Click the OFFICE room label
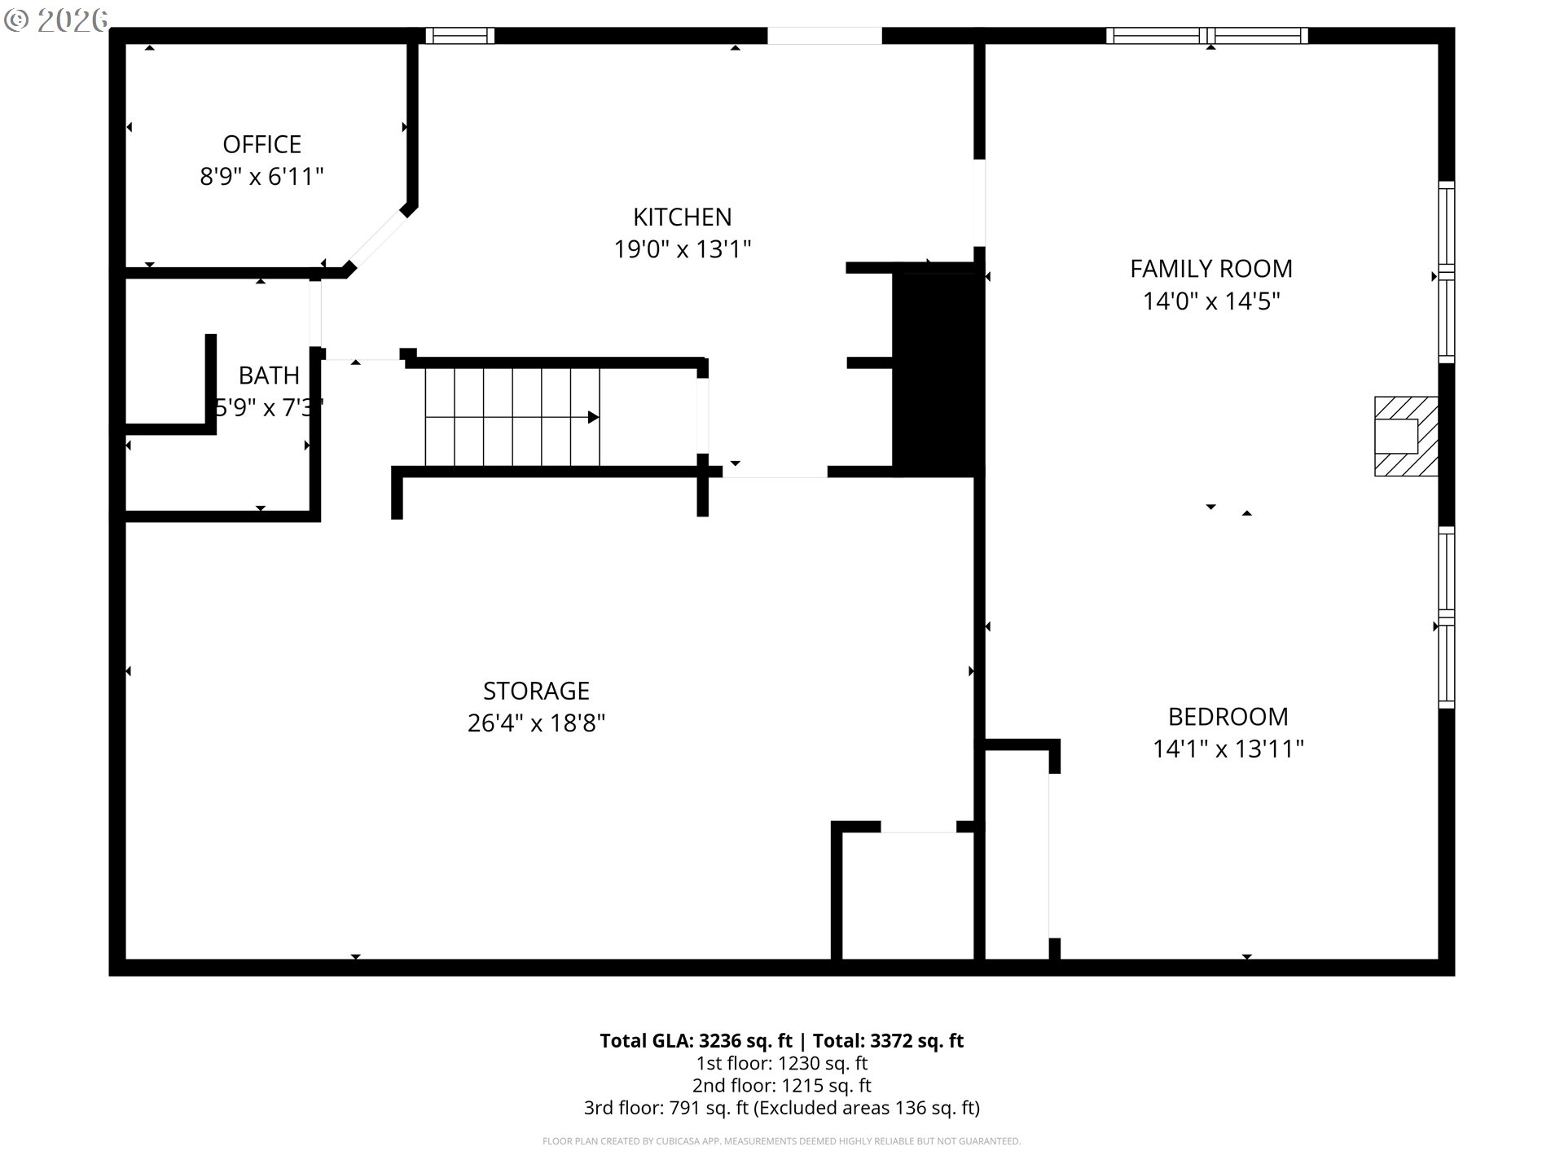[x=262, y=144]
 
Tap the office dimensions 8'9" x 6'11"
[x=262, y=176]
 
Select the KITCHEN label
[x=683, y=217]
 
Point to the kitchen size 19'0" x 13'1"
[x=683, y=248]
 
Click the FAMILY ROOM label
[x=1211, y=269]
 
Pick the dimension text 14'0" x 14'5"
[x=1211, y=301]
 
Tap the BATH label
[x=269, y=376]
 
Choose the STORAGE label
[x=536, y=691]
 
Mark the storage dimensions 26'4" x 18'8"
[x=536, y=723]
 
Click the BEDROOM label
[x=1228, y=717]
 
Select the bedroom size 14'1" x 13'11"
[x=1228, y=749]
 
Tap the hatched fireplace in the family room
[x=1406, y=436]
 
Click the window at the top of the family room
[x=1207, y=36]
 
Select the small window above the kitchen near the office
[x=460, y=36]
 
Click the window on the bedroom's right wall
[x=1447, y=617]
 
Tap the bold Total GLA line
[x=782, y=1040]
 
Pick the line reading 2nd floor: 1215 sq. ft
[x=782, y=1085]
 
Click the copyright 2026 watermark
[x=55, y=20]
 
